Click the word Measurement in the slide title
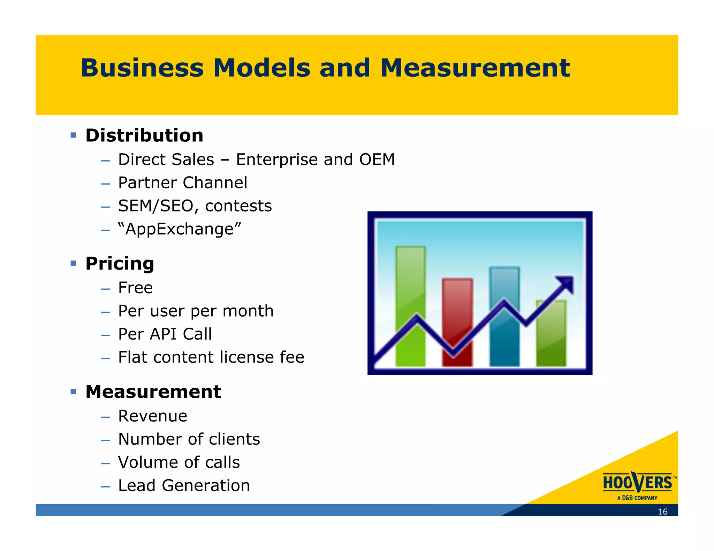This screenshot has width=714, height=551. (475, 68)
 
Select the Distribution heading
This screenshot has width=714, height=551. (144, 135)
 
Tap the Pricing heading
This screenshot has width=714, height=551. (120, 263)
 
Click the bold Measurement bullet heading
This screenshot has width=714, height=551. (153, 391)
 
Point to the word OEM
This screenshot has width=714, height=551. (377, 160)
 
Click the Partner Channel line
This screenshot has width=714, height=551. (182, 183)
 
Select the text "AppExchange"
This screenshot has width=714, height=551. (180, 229)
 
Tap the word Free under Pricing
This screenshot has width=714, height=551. (135, 288)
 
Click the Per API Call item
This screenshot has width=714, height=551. (165, 334)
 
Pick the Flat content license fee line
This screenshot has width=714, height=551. (211, 357)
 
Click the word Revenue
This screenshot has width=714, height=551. (153, 416)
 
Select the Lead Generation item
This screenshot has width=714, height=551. (184, 485)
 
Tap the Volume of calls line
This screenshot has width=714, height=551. (179, 462)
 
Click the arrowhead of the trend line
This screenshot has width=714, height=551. (566, 284)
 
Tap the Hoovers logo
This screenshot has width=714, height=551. (638, 485)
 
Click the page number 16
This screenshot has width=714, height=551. (662, 512)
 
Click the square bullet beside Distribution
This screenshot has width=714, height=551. (73, 135)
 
